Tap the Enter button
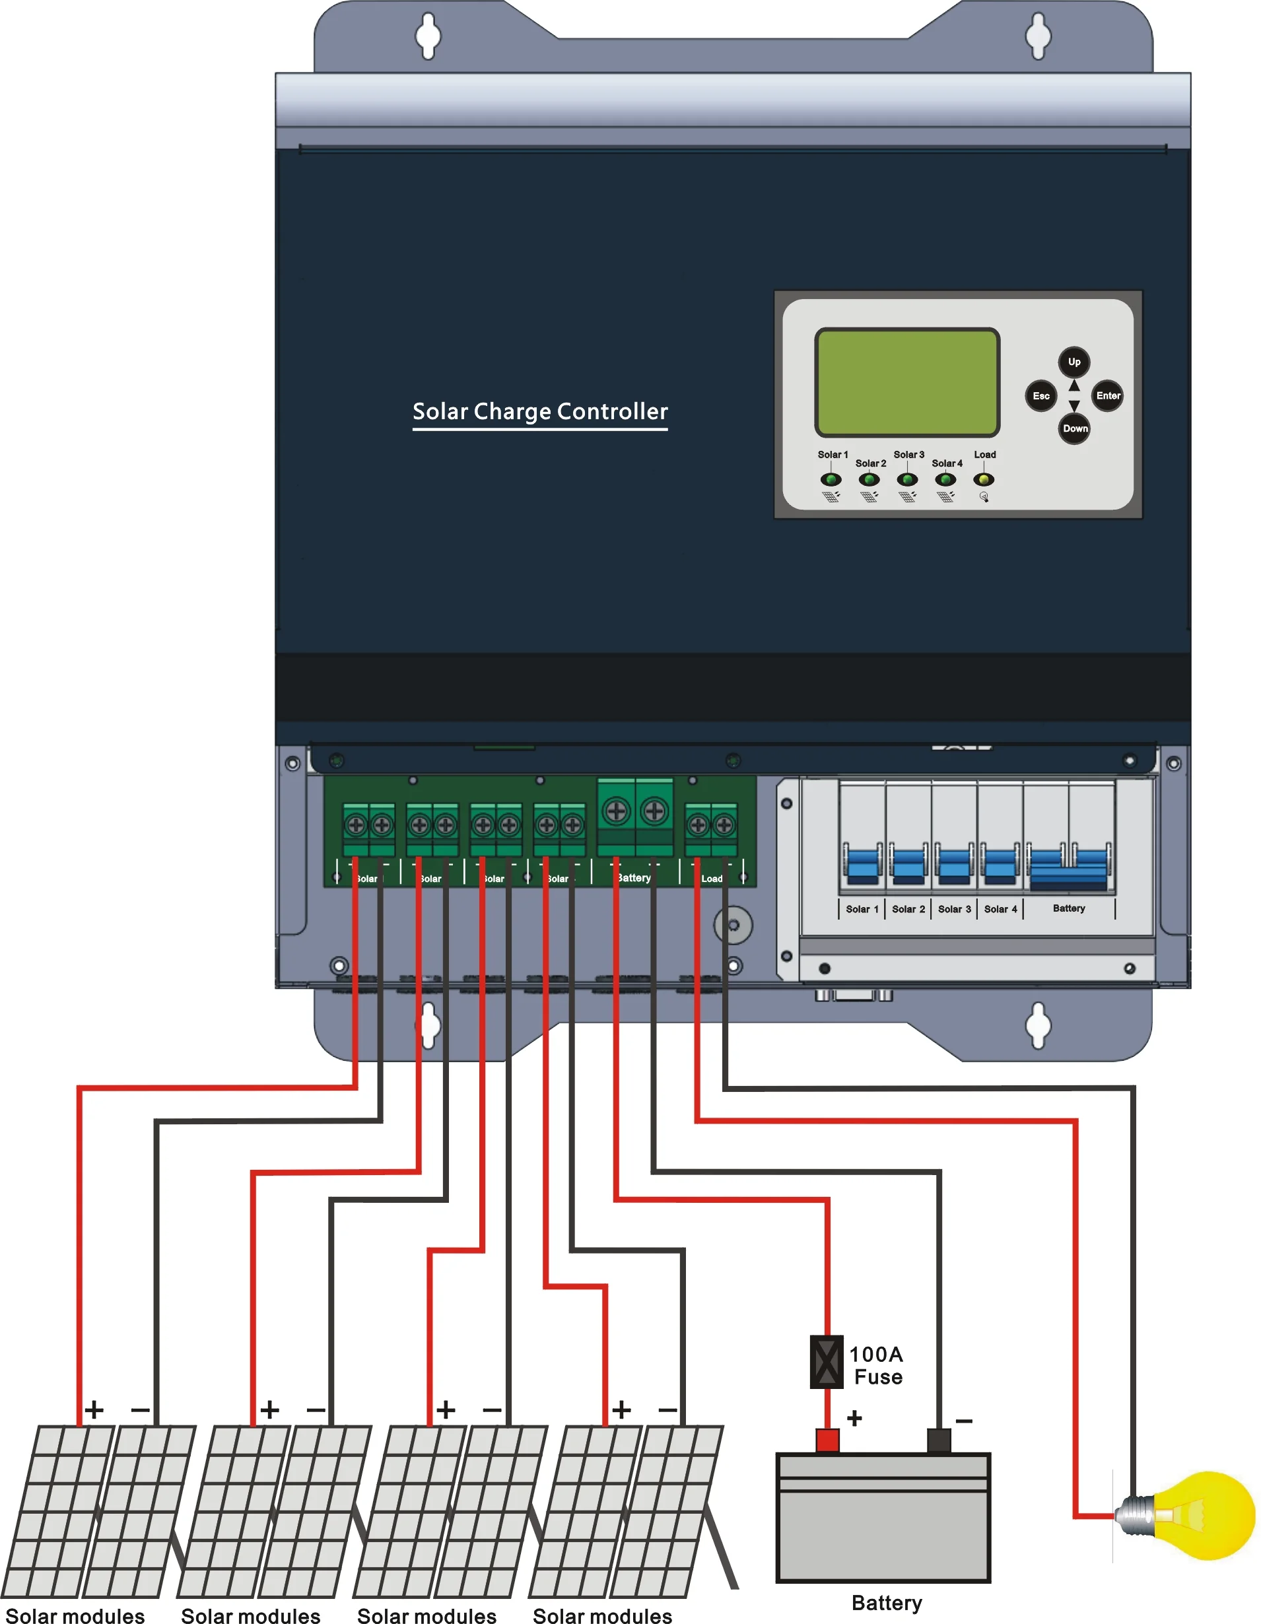click(1107, 395)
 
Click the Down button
click(1074, 428)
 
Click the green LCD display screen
click(907, 382)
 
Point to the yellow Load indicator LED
click(984, 480)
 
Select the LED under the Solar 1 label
click(831, 480)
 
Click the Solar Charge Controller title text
click(540, 411)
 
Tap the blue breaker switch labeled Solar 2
click(908, 865)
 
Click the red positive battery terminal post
click(827, 1440)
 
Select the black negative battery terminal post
click(938, 1440)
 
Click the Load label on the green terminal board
click(712, 879)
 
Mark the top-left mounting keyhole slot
click(428, 35)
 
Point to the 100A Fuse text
click(877, 1365)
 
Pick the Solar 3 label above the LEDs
click(908, 454)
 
